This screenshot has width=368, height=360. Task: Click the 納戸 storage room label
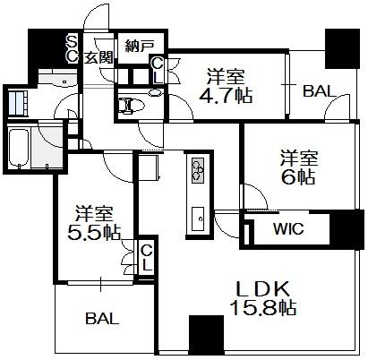pyautogui.click(x=140, y=47)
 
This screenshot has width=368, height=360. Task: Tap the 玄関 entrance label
pyautogui.click(x=98, y=57)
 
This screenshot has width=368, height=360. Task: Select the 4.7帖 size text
pyautogui.click(x=226, y=96)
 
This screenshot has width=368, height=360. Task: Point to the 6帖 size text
pyautogui.click(x=298, y=177)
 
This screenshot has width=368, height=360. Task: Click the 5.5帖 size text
pyautogui.click(x=94, y=232)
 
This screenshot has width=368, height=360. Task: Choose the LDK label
pyautogui.click(x=263, y=288)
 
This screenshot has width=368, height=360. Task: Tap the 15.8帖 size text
pyautogui.click(x=263, y=308)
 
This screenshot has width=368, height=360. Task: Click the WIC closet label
pyautogui.click(x=288, y=229)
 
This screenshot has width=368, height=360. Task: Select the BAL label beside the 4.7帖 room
pyautogui.click(x=320, y=90)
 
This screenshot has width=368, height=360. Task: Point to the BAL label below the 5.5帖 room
pyautogui.click(x=102, y=319)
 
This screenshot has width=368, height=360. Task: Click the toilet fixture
pyautogui.click(x=131, y=105)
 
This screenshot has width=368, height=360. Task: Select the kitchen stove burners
pyautogui.click(x=198, y=170)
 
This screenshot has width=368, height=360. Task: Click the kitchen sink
pyautogui.click(x=198, y=219)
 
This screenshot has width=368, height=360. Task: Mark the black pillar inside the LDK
pyautogui.click(x=206, y=335)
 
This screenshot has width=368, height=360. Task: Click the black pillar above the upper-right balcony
pyautogui.click(x=342, y=48)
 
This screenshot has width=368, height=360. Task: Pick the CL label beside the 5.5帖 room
pyautogui.click(x=147, y=258)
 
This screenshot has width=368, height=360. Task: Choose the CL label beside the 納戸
pyautogui.click(x=158, y=71)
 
